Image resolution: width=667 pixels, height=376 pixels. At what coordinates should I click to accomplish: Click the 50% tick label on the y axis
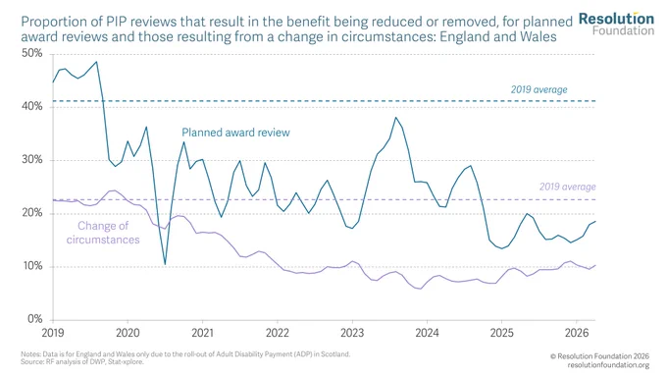pyautogui.click(x=32, y=53)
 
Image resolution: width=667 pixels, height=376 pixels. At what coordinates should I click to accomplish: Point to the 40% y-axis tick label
pyautogui.click(x=32, y=106)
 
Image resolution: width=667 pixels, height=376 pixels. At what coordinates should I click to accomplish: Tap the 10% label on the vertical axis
pyautogui.click(x=32, y=266)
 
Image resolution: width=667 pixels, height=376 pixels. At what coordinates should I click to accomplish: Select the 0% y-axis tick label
pyautogui.click(x=35, y=319)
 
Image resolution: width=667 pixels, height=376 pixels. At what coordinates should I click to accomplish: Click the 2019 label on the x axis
pyautogui.click(x=53, y=333)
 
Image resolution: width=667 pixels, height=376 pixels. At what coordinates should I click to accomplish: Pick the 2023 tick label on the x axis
pyautogui.click(x=352, y=333)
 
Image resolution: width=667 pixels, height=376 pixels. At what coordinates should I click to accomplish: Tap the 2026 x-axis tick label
pyautogui.click(x=577, y=333)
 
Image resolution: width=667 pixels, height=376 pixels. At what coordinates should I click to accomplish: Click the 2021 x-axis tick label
pyautogui.click(x=202, y=333)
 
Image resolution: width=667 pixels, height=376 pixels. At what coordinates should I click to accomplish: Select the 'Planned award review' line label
pyautogui.click(x=235, y=133)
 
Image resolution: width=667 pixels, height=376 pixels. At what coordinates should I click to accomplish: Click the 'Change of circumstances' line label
pyautogui.click(x=103, y=233)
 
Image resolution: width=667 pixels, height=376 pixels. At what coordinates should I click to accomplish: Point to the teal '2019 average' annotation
pyautogui.click(x=539, y=90)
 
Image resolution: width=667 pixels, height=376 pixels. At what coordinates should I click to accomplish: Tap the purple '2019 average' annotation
pyautogui.click(x=568, y=187)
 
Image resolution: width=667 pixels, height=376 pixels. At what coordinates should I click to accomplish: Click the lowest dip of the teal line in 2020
pyautogui.click(x=165, y=264)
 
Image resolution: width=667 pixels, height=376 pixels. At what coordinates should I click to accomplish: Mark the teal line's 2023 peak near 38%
pyautogui.click(x=395, y=118)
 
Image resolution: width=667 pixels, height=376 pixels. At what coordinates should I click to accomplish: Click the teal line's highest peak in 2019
pyautogui.click(x=96, y=62)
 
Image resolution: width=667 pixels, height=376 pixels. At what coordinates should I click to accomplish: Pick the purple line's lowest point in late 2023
pyautogui.click(x=421, y=289)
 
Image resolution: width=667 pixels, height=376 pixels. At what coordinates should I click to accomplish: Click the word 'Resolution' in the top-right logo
pyautogui.click(x=616, y=19)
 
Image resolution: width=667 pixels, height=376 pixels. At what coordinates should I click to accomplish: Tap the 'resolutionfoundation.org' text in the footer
pyautogui.click(x=608, y=365)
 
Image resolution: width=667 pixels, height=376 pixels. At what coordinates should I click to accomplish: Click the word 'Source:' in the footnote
pyautogui.click(x=29, y=362)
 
